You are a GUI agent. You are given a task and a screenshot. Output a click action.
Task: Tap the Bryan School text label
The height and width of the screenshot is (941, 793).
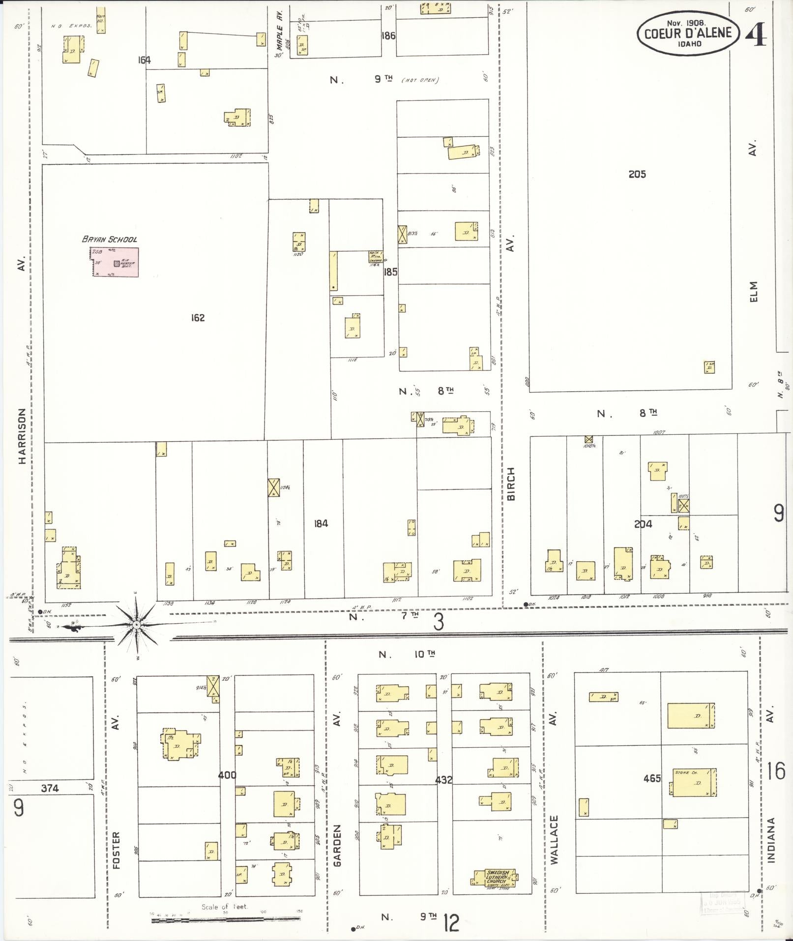click(x=110, y=240)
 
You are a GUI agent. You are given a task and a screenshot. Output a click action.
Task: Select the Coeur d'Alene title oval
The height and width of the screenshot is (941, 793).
click(x=688, y=33)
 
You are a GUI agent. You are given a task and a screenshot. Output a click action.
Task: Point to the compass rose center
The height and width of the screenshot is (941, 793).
click(x=136, y=625)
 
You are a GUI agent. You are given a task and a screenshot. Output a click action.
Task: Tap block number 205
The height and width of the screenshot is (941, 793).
click(x=637, y=174)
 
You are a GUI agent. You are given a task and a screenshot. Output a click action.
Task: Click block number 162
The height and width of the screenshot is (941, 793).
click(x=198, y=318)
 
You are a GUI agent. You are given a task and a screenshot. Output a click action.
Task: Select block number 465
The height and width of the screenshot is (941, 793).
click(x=652, y=778)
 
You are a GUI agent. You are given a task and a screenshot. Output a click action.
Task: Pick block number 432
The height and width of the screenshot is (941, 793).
click(x=443, y=780)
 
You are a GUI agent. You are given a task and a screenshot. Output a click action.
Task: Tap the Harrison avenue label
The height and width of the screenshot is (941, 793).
click(x=22, y=436)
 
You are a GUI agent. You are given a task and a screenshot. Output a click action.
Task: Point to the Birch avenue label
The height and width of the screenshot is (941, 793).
click(x=511, y=485)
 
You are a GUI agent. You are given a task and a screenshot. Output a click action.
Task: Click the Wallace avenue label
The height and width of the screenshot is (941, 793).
click(x=555, y=840)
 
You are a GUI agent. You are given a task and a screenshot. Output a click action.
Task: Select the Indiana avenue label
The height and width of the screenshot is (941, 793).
click(x=770, y=840)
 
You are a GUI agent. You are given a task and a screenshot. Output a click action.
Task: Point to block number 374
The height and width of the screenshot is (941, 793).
click(x=50, y=789)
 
